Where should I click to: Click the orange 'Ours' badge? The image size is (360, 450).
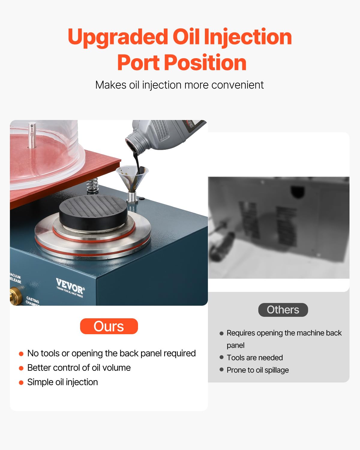109,326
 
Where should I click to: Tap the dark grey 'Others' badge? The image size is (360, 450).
283,310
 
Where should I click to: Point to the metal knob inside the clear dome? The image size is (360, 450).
32,135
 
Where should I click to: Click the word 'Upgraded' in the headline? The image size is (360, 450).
118,37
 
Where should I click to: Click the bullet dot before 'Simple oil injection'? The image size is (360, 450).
21,382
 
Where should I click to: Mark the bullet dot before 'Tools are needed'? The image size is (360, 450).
221,357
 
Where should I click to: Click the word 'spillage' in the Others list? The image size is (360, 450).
277,370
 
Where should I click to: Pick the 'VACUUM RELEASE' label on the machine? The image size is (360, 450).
15,278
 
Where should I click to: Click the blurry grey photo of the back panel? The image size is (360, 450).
278,227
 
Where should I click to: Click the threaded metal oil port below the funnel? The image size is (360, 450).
132,197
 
